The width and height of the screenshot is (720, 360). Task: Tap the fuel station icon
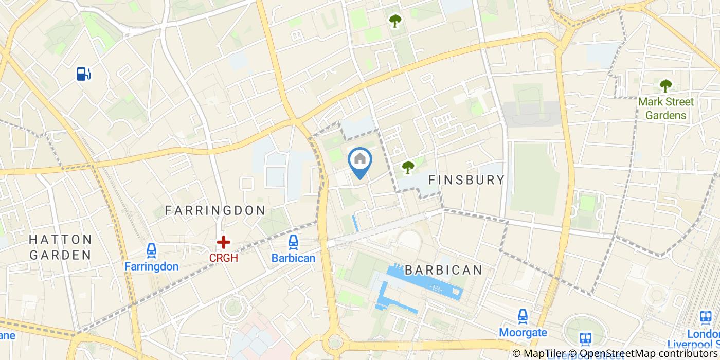tap(83, 74)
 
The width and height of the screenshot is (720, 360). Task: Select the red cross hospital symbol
tap(223, 242)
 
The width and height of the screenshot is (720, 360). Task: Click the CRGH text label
tap(223, 258)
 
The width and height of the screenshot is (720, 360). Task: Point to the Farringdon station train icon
tap(151, 250)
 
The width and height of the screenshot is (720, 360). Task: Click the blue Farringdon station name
tap(151, 266)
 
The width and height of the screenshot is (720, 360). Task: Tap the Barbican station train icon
tap(293, 242)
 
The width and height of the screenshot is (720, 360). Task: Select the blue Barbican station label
tap(293, 258)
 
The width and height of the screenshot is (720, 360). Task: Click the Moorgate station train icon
tap(523, 316)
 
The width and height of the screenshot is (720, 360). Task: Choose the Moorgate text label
tap(523, 332)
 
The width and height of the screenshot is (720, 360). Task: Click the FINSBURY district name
tap(466, 179)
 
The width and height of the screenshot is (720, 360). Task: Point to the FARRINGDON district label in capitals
tap(214, 210)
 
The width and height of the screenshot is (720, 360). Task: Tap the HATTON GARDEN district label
tap(60, 247)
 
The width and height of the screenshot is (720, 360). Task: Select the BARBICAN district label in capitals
tap(443, 270)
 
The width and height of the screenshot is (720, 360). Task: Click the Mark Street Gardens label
tap(665, 109)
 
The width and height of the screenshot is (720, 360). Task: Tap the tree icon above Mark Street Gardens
tap(665, 85)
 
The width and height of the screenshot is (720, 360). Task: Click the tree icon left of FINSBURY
tap(408, 167)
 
